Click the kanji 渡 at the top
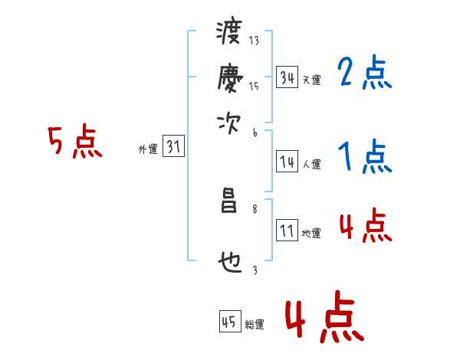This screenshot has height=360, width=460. pos(228,33)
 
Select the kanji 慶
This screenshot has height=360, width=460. pos(228,77)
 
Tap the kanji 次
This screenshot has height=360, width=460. pos(228,123)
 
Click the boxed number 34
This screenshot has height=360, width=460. pos(287,77)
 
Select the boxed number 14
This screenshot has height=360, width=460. pos(287,161)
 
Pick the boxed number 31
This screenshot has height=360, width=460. pos(173,147)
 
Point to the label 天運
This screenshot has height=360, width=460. pos(311,79)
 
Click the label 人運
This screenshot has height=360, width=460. pos(311,163)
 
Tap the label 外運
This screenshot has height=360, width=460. pos(148,149)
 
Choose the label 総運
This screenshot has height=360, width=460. pos(255,324)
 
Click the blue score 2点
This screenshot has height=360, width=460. pos(364,74)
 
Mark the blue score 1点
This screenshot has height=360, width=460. pos(364,158)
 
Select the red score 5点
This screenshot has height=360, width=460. pos(76,142)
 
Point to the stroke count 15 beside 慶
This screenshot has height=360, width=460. pos(254,87)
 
